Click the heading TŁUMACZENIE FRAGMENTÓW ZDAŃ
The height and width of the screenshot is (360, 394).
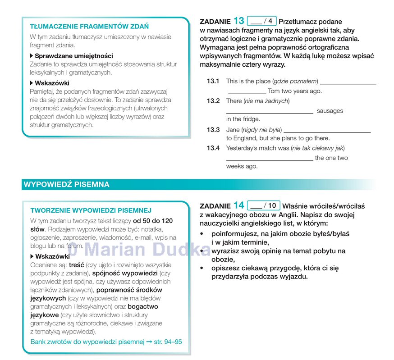point(89,27)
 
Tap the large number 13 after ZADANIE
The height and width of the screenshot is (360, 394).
point(239,21)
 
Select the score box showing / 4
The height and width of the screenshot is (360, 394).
point(261,21)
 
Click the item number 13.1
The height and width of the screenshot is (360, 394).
point(213,82)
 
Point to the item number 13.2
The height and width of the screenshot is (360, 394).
point(213,101)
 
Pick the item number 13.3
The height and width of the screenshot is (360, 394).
point(213,130)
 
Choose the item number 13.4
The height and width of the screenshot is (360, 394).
point(213,148)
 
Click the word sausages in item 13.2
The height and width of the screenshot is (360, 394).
point(330,111)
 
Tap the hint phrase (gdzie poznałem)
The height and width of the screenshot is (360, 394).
point(295,82)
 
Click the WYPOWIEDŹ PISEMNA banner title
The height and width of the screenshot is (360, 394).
point(66,184)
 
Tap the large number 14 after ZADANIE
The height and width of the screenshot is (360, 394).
point(239,205)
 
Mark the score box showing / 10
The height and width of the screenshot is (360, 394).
point(264,205)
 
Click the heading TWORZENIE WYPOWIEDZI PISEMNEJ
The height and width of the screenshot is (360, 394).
point(91,210)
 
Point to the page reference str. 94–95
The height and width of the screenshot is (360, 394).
point(168,342)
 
